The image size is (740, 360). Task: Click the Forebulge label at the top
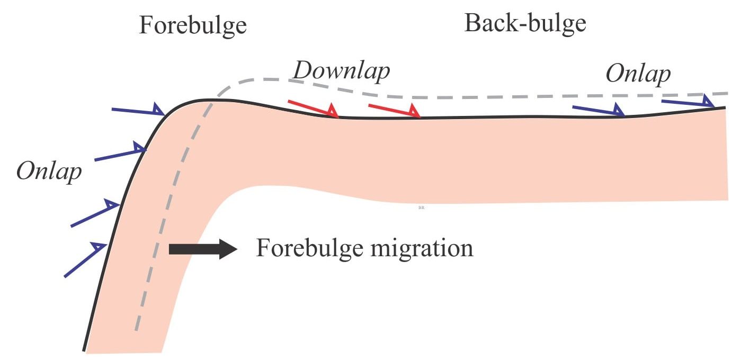(193, 26)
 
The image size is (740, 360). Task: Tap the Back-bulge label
(525, 24)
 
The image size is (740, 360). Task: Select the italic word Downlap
(341, 71)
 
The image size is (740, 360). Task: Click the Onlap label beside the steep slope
(49, 172)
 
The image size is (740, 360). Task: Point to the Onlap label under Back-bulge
(638, 74)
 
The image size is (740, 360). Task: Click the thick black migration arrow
(203, 249)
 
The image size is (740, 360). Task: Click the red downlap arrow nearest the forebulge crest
(313, 109)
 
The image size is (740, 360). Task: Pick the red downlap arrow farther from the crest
(395, 111)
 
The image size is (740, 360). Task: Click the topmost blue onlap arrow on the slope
(138, 111)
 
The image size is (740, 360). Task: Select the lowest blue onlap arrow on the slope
(85, 260)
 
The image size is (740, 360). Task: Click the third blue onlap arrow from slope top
(95, 213)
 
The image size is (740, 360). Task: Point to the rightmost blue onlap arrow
(688, 102)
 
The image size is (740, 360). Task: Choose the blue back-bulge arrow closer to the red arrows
(598, 110)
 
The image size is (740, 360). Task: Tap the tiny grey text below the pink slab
(422, 208)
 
